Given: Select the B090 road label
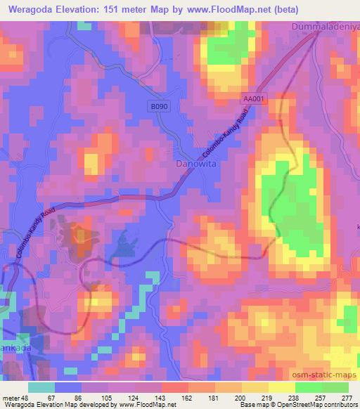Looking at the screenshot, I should pos(160,106).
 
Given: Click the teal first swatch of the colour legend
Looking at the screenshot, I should pos(41,387).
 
